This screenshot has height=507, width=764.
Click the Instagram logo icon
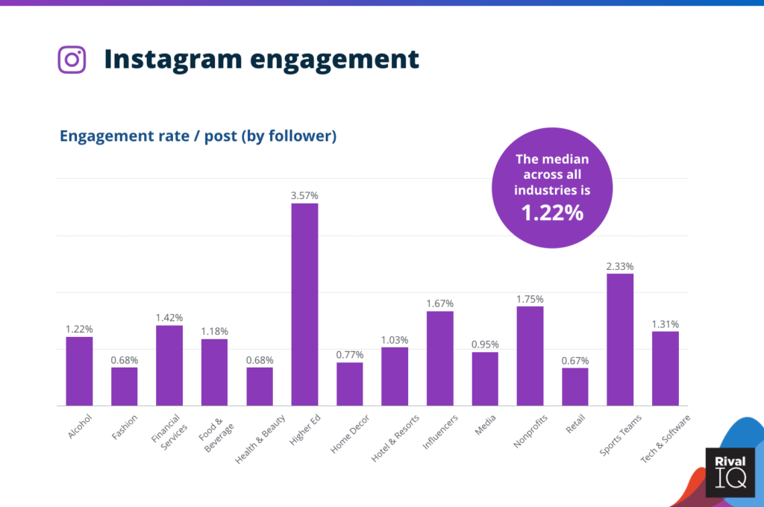click(72, 59)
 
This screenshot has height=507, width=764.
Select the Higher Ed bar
click(304, 304)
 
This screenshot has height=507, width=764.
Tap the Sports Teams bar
click(620, 339)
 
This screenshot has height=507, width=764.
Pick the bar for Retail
click(575, 386)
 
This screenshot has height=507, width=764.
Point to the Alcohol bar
click(79, 371)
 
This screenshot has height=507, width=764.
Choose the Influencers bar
click(440, 358)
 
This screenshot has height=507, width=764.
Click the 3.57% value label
click(304, 195)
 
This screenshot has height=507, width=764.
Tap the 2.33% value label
click(620, 266)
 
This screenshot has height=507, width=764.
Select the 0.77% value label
click(350, 355)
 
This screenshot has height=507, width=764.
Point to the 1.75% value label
click(530, 299)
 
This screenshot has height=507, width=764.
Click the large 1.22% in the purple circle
click(551, 213)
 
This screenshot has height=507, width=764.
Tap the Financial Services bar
click(169, 365)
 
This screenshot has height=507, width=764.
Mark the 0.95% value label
click(485, 344)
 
